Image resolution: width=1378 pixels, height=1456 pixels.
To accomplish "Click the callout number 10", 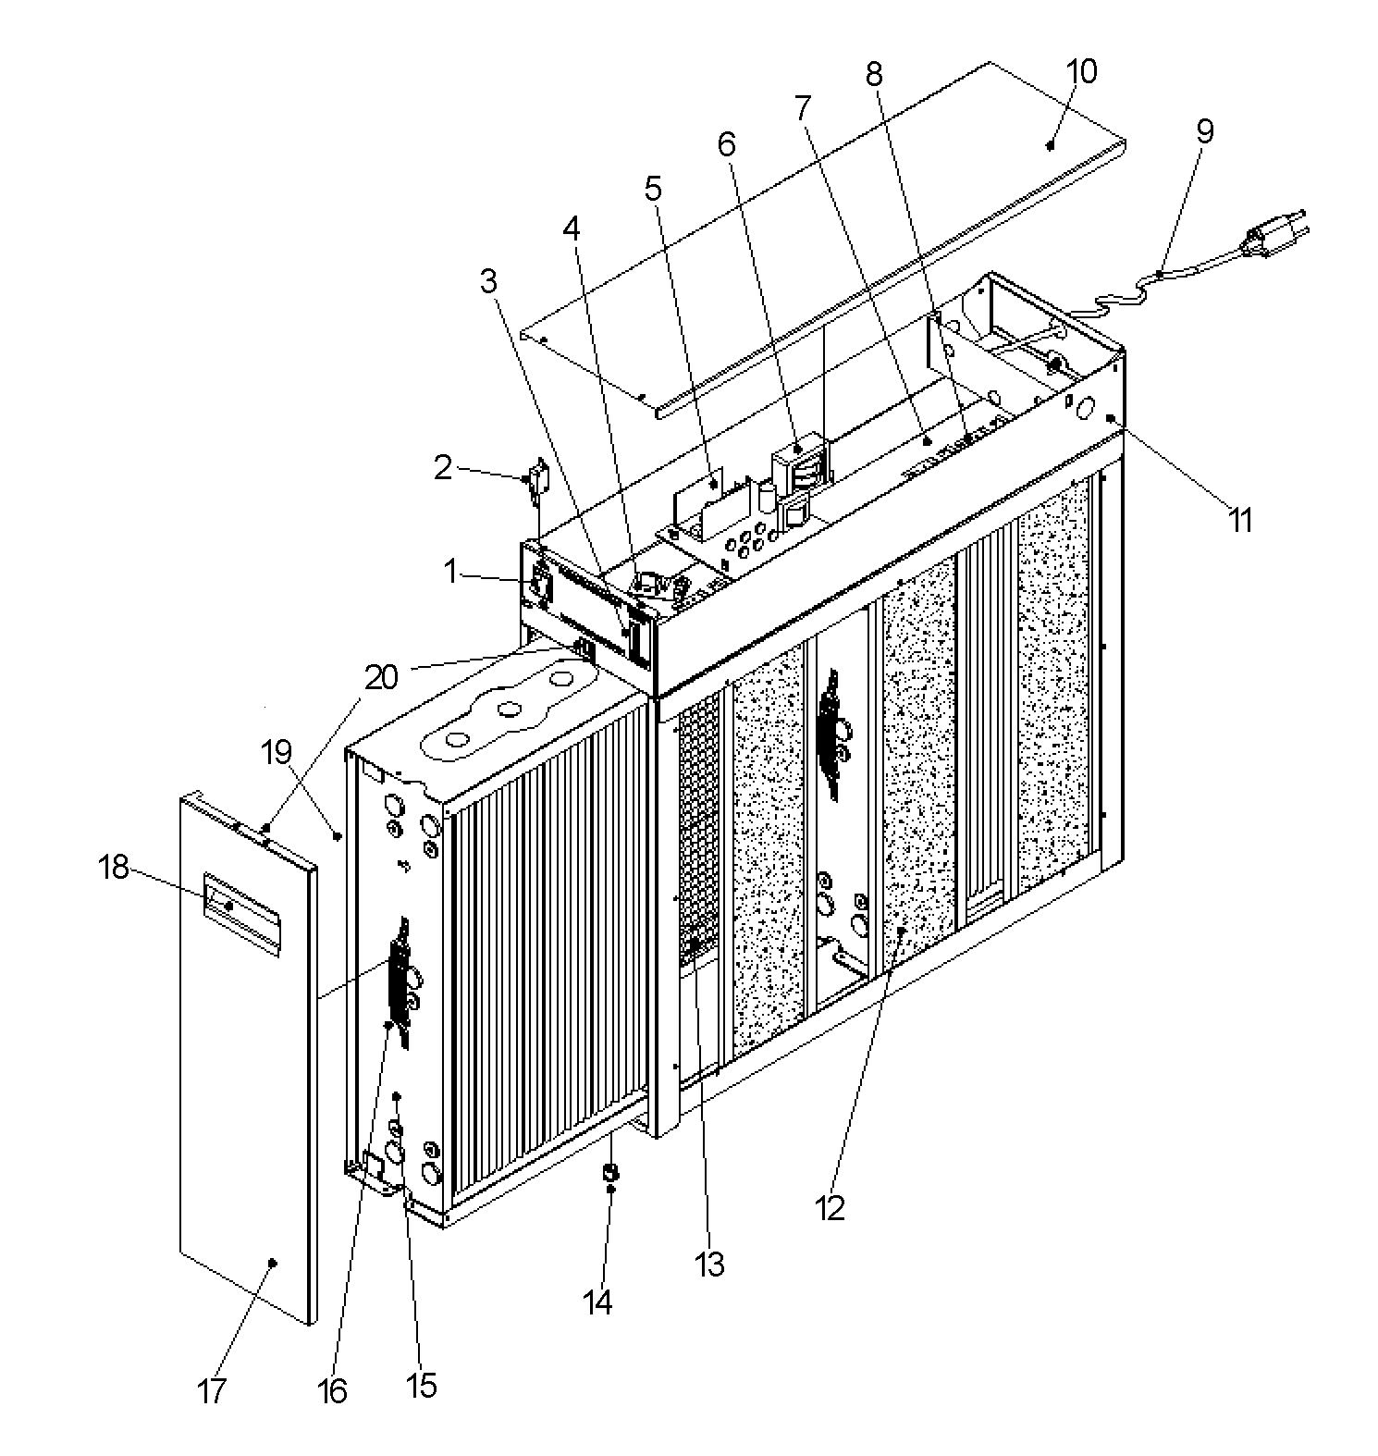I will pyautogui.click(x=1081, y=72).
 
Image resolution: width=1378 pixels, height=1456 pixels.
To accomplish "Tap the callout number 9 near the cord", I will pyautogui.click(x=1204, y=131).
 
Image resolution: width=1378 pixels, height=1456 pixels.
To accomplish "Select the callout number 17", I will pyautogui.click(x=212, y=1390).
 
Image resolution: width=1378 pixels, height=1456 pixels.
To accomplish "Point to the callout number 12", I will pyautogui.click(x=830, y=1207).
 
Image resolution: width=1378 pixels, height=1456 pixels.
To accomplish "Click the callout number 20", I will pyautogui.click(x=381, y=678).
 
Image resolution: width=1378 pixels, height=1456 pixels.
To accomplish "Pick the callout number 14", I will pyautogui.click(x=597, y=1302).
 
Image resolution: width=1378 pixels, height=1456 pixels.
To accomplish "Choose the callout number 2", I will pyautogui.click(x=444, y=468).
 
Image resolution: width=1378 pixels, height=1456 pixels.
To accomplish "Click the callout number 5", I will pyautogui.click(x=653, y=189).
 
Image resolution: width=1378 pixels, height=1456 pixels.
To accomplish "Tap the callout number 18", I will pyautogui.click(x=114, y=868).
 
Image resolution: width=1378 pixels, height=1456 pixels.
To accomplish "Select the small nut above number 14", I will pyautogui.click(x=609, y=1174).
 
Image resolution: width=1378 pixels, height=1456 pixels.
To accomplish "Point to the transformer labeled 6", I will pyautogui.click(x=798, y=467).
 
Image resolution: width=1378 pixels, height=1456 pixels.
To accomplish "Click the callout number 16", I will pyautogui.click(x=332, y=1390).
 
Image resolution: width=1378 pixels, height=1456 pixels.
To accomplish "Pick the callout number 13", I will pyautogui.click(x=709, y=1265).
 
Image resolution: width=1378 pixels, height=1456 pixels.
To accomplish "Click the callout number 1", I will pyautogui.click(x=450, y=572).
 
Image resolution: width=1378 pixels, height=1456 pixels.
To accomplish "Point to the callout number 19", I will pyautogui.click(x=277, y=753).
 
